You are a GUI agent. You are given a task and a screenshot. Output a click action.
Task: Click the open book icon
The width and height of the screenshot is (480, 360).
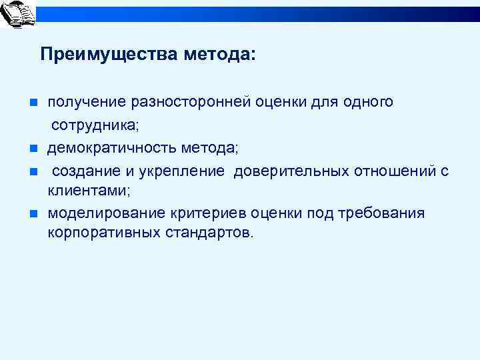pyautogui.click(x=18, y=15)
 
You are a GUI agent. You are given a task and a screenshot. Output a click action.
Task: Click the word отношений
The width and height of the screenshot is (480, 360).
pyautogui.click(x=390, y=171)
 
